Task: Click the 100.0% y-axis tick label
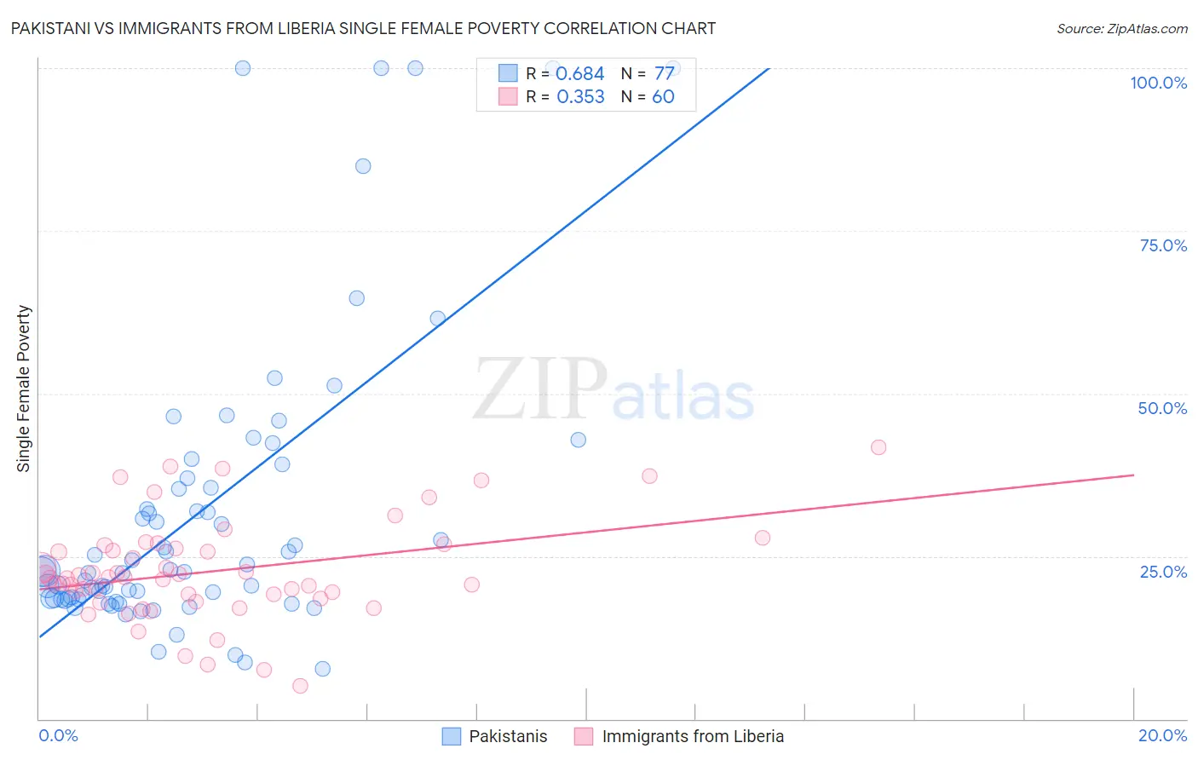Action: [1158, 83]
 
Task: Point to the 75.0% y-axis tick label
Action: [1163, 245]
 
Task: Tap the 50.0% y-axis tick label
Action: [1162, 408]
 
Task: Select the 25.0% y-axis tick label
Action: [1163, 571]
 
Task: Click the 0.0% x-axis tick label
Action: [58, 735]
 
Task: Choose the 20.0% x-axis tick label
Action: [1162, 735]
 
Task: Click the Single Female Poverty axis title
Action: [24, 389]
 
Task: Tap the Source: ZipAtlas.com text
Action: [1121, 28]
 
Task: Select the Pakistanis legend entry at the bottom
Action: [495, 736]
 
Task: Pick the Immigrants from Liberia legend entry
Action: [679, 736]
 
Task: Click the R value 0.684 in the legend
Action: [580, 74]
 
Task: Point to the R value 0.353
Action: [580, 97]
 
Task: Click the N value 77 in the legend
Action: [664, 74]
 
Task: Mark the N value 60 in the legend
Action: [663, 97]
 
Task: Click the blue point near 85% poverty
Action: [363, 166]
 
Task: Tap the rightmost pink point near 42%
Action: [878, 447]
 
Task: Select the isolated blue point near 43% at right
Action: [579, 440]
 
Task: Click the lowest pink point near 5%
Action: [300, 686]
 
